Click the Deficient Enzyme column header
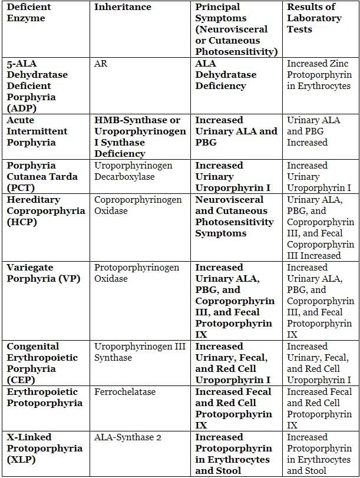[x=29, y=12]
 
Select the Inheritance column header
[x=123, y=7]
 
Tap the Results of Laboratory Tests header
[x=314, y=18]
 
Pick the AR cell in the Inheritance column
[x=101, y=63]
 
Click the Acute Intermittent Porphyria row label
[x=37, y=131]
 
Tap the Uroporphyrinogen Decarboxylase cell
[x=133, y=171]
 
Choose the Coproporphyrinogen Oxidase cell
[x=138, y=205]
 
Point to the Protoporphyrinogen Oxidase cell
[x=137, y=273]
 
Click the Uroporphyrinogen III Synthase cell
[x=140, y=352]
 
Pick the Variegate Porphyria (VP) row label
[x=43, y=273]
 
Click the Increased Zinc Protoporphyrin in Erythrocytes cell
[x=319, y=74]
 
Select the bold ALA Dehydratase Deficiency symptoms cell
[x=226, y=74]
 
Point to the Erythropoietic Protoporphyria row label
[x=44, y=397]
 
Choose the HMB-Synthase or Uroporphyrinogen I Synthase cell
[x=140, y=137]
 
